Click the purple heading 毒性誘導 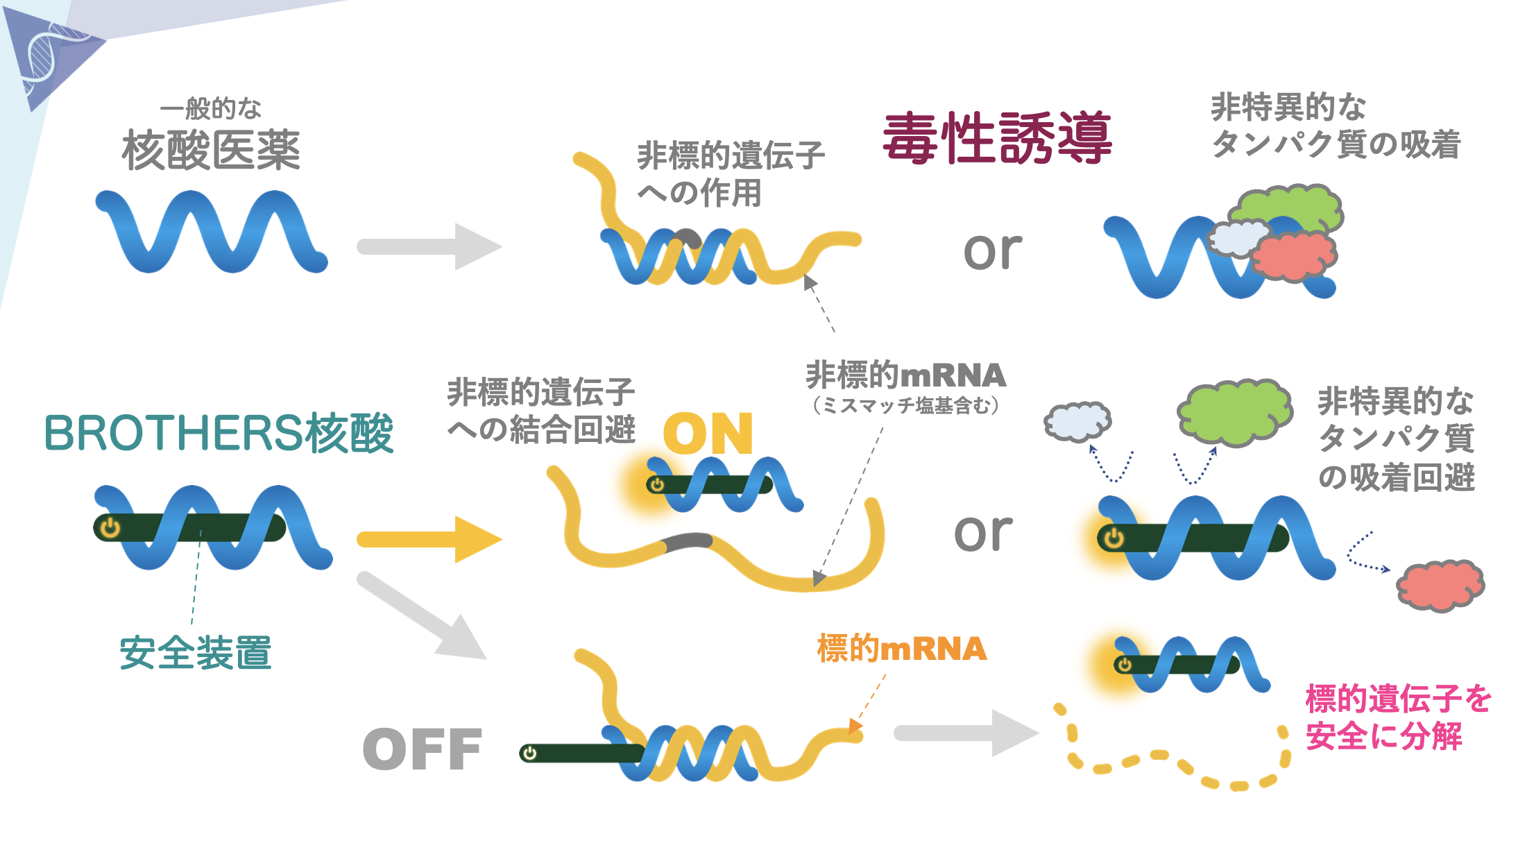[997, 139]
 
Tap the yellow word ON [708, 434]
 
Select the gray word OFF [422, 749]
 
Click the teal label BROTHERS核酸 [219, 434]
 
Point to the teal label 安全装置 [196, 653]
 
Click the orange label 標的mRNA [902, 649]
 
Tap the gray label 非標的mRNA [905, 376]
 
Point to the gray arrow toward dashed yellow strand [964, 733]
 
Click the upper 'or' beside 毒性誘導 [993, 250]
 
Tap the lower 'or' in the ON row [983, 533]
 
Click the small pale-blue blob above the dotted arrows [1077, 421]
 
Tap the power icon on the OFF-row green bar [530, 754]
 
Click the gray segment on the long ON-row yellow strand [687, 541]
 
